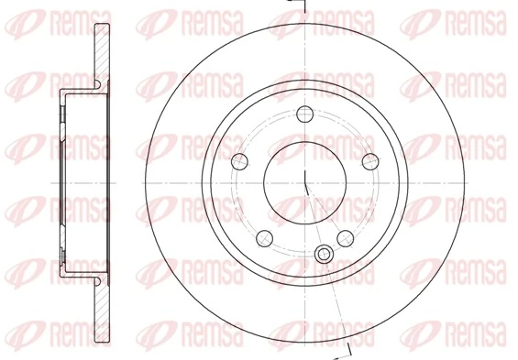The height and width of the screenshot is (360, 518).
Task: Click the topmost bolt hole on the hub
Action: coord(304,115)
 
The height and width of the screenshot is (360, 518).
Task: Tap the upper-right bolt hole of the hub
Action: coord(369,162)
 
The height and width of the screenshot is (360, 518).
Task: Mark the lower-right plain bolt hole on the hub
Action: coord(345,238)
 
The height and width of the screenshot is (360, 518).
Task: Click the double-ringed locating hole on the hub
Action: coord(322,254)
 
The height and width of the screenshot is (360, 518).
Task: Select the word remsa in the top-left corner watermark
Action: coord(72,19)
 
